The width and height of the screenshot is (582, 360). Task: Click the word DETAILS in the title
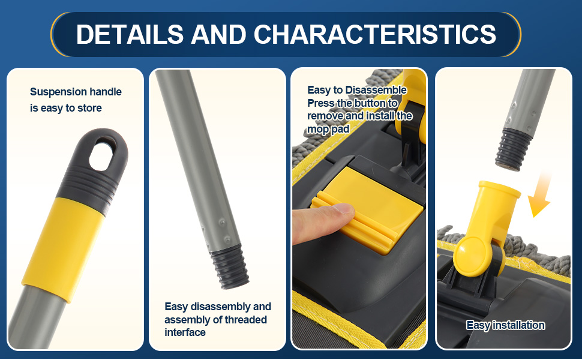click(x=130, y=34)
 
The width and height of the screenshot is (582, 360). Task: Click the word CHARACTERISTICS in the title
click(x=375, y=34)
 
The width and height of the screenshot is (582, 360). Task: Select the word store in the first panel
click(x=89, y=108)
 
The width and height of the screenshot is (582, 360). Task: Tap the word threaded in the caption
click(x=245, y=320)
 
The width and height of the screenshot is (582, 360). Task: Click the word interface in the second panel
click(x=185, y=332)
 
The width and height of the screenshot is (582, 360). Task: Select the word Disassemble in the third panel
click(x=376, y=90)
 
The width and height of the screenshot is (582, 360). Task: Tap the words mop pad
click(x=328, y=129)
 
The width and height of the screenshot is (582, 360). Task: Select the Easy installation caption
click(x=506, y=325)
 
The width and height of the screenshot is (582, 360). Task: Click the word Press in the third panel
click(x=320, y=103)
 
